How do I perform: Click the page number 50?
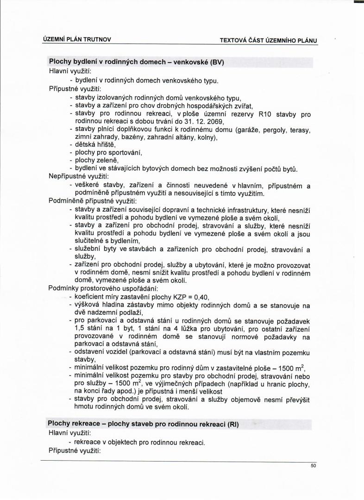[x=313, y=465]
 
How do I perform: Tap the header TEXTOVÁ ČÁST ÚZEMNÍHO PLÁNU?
[x=268, y=40]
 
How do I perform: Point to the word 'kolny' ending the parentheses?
[x=201, y=137]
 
